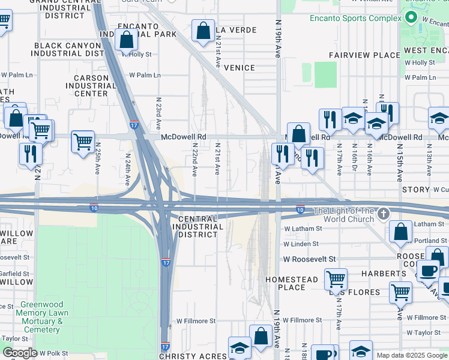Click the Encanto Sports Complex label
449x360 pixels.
(x=355, y=18)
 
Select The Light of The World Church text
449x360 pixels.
(x=343, y=215)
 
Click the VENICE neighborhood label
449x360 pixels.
(x=240, y=68)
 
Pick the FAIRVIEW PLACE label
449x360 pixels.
(x=364, y=55)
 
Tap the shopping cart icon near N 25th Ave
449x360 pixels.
(x=82, y=142)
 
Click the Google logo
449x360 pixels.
(x=20, y=353)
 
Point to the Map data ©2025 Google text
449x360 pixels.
(x=411, y=355)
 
